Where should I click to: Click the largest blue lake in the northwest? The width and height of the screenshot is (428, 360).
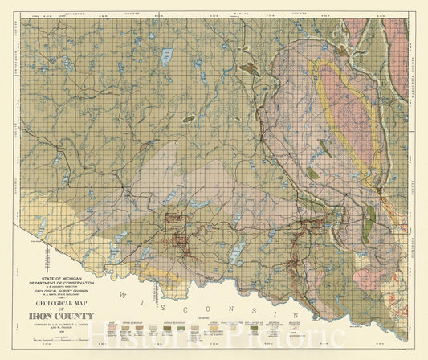click(167, 56)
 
